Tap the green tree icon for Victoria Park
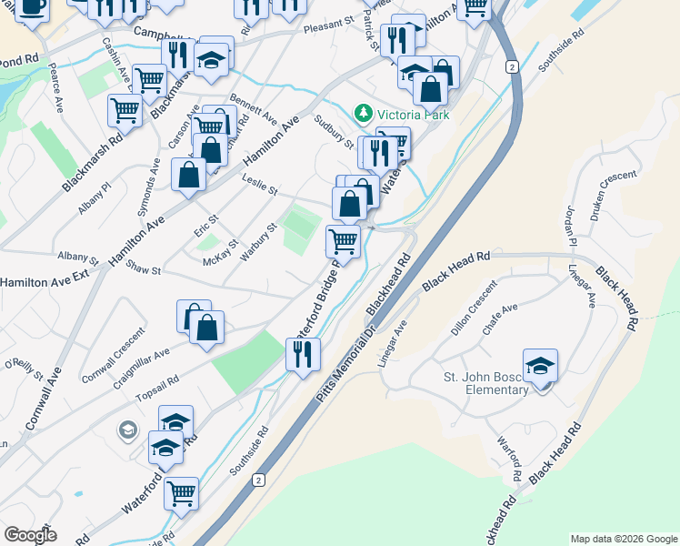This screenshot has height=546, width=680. pyautogui.click(x=364, y=113)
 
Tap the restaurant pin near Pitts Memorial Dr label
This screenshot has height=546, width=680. pyautogui.click(x=304, y=353)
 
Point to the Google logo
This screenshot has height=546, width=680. pyautogui.click(x=31, y=535)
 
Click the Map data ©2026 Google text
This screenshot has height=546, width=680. pyautogui.click(x=623, y=539)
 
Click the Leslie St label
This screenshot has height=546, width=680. pyautogui.click(x=259, y=187)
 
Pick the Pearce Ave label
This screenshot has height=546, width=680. pyautogui.click(x=56, y=87)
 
